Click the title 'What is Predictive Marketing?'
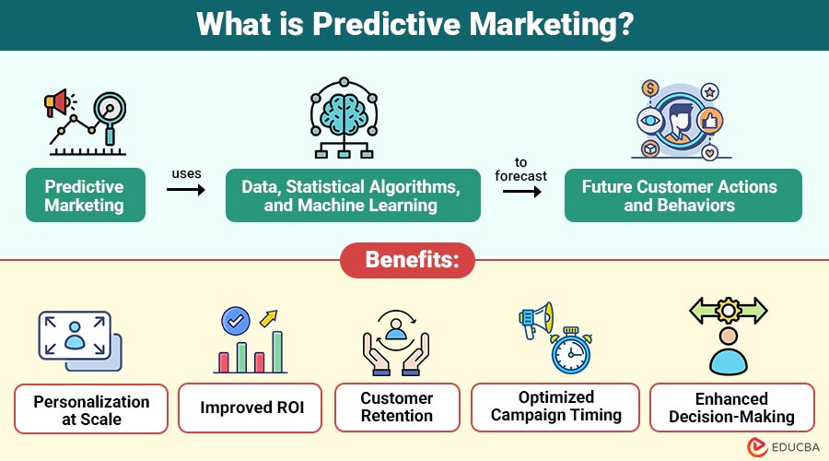pyautogui.click(x=414, y=24)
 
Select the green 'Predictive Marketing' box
pyautogui.click(x=85, y=195)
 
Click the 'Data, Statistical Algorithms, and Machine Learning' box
pyautogui.click(x=353, y=195)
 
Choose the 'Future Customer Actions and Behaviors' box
pyautogui.click(x=679, y=195)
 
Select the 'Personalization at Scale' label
pyautogui.click(x=91, y=409)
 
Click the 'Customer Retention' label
pyautogui.click(x=396, y=408)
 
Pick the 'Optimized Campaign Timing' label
pyautogui.click(x=555, y=407)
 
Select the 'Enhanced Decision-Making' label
pyautogui.click(x=731, y=408)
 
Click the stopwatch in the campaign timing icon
pyautogui.click(x=570, y=351)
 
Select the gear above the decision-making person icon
pyautogui.click(x=728, y=309)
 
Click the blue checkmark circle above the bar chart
pyautogui.click(x=236, y=321)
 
